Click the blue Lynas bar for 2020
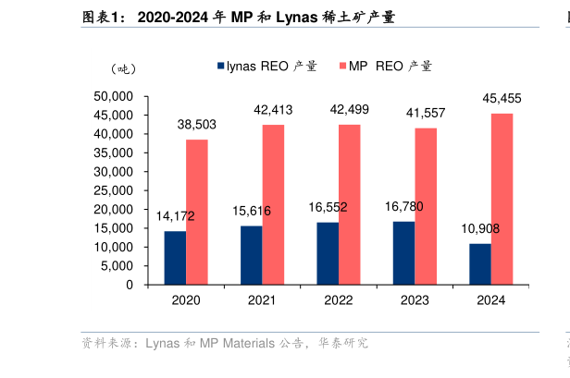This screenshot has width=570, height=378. point(175,258)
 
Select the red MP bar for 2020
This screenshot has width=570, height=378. point(196,212)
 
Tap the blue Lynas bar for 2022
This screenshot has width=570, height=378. point(328,253)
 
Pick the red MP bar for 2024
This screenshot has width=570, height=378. point(502,199)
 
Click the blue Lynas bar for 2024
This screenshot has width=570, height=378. point(479,264)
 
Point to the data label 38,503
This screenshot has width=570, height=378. point(197,125)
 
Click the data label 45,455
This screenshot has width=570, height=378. point(502,99)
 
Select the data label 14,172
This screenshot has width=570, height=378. point(175,216)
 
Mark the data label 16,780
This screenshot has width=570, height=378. point(404,206)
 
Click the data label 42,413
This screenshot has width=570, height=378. point(273,110)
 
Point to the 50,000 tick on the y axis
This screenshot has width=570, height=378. point(115,96)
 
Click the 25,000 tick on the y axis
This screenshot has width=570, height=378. point(115,190)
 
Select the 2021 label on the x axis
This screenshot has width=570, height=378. point(262,300)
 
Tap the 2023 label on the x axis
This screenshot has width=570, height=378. point(415,300)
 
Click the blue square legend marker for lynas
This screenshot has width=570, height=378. point(221,67)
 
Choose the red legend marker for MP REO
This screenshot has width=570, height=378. point(343,67)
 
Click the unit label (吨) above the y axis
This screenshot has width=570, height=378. point(122,69)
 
